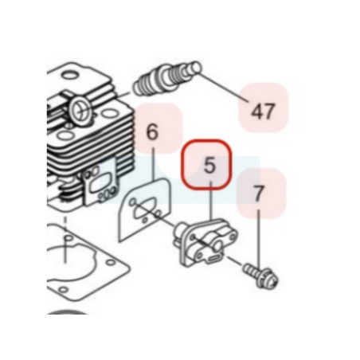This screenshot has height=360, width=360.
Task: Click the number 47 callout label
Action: click(x=262, y=112)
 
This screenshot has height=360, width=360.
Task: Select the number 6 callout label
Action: click(x=152, y=132)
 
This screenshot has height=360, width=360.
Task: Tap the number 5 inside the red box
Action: click(x=209, y=165)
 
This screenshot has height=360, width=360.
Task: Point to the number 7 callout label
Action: click(x=259, y=194)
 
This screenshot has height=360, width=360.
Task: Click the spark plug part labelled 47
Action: click(x=167, y=79)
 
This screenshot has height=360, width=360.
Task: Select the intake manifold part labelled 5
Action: click(x=205, y=241)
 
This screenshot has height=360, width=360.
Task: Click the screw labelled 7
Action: click(x=260, y=276)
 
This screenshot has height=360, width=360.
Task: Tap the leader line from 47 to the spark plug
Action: click(x=225, y=87)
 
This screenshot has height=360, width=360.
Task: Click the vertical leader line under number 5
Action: click(x=211, y=201)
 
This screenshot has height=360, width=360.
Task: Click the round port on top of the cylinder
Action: click(x=80, y=109)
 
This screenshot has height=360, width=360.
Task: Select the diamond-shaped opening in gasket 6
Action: click(x=143, y=210)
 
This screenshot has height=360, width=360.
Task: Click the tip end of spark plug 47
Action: click(x=197, y=67)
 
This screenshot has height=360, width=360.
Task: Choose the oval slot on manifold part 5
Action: click(x=213, y=258)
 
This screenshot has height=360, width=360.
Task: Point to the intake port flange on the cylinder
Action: click(x=100, y=182)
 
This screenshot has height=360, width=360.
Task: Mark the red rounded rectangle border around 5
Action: click(x=206, y=140)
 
